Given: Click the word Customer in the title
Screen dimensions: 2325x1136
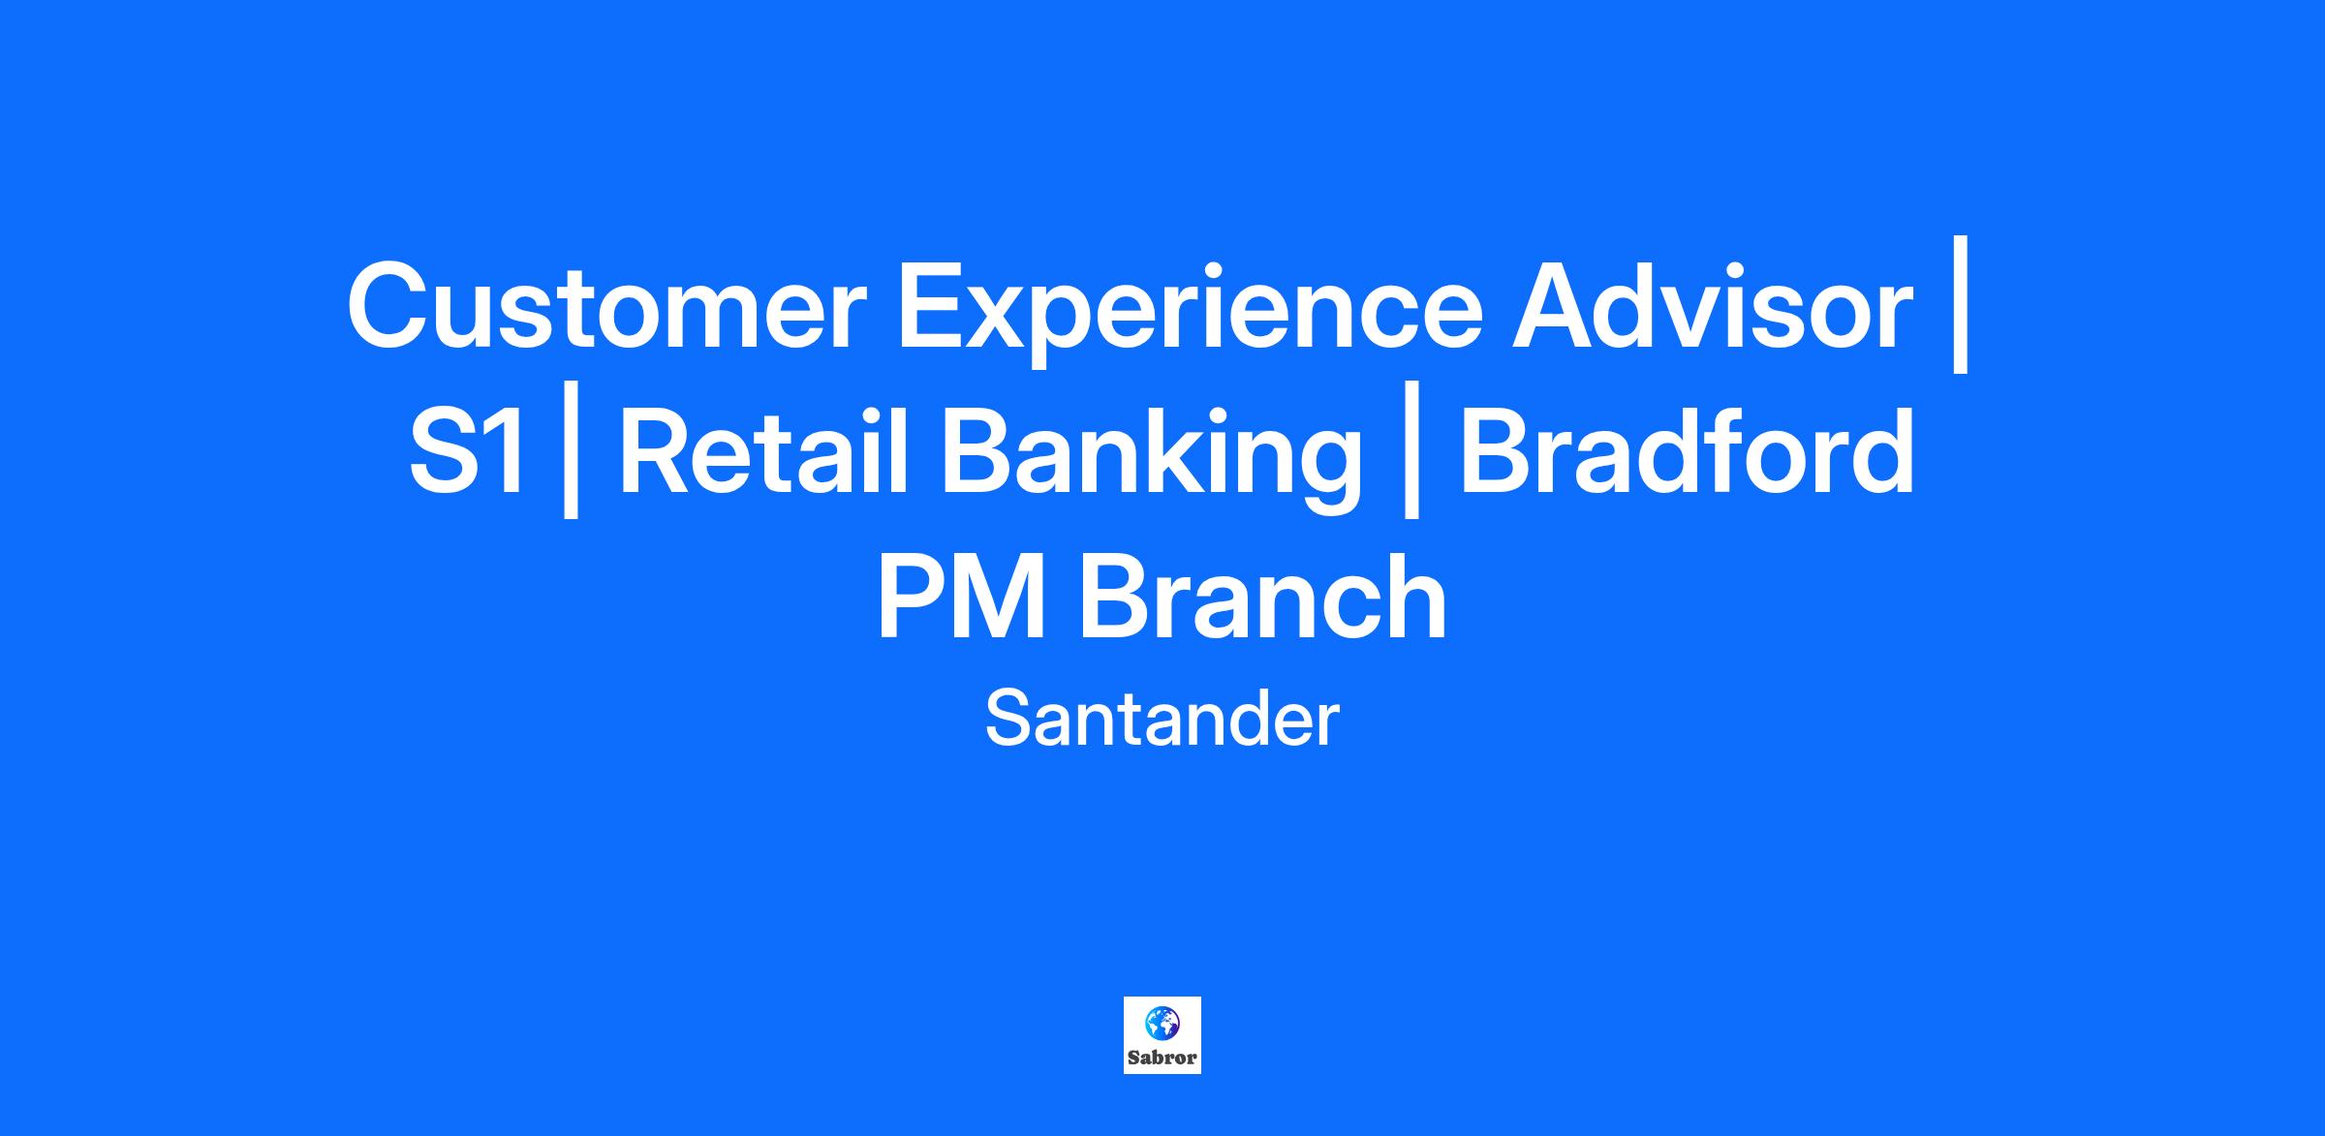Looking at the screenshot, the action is (x=606, y=305).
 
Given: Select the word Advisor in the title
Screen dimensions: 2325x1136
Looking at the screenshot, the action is (x=1712, y=305).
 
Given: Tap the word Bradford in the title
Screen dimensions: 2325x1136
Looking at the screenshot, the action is (x=1687, y=450).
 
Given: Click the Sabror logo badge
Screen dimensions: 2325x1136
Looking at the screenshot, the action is (x=1162, y=1035).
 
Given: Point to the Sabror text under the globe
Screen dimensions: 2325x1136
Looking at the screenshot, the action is (x=1162, y=1058).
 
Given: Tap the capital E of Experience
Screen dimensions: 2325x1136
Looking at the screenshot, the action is (x=932, y=305).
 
